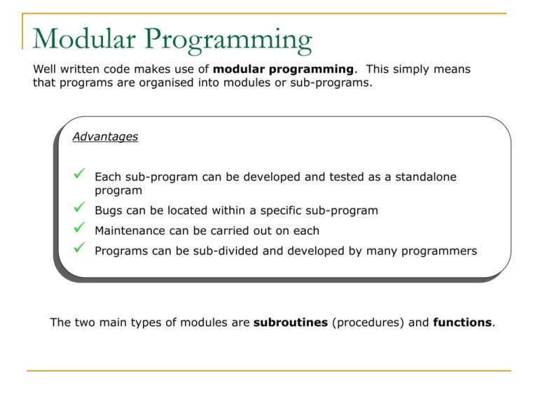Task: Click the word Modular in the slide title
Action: [x=83, y=40]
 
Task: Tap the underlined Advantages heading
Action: [x=105, y=137]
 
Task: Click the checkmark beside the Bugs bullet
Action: [x=79, y=208]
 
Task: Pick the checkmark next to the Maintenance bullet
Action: [x=79, y=228]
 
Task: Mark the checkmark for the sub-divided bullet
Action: [x=79, y=248]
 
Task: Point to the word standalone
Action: [x=425, y=177]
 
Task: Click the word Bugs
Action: [x=109, y=211]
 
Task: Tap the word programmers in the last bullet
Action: [x=441, y=251]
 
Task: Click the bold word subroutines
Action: [x=290, y=323]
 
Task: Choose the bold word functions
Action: [x=462, y=323]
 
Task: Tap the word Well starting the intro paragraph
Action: [x=46, y=69]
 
